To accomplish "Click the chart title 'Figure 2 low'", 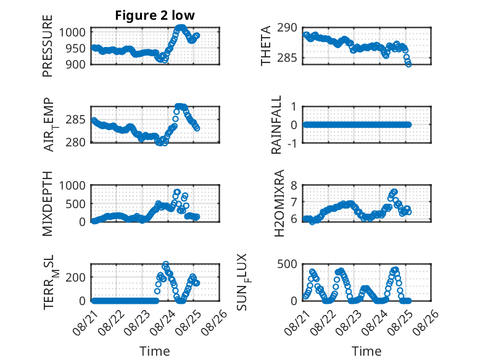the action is tap(155, 15).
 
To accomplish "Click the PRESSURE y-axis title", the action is tap(48, 46).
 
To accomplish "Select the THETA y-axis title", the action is tap(265, 46).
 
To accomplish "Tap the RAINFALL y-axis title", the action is tap(276, 125).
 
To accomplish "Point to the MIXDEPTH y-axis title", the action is tap(48, 204).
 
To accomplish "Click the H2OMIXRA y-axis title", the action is tap(279, 203).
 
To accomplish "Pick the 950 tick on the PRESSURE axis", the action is tap(77, 48).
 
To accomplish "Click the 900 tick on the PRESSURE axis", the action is tap(77, 64).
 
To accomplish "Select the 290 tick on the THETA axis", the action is tap(287, 28).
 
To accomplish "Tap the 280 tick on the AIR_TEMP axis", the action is tap(76, 143).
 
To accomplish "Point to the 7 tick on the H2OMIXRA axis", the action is tap(294, 202).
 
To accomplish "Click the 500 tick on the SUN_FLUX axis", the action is tap(287, 264).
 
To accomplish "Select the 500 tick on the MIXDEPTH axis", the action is tap(76, 204).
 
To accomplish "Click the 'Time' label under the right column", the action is tap(366, 351).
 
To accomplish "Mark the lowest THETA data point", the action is tap(408, 64).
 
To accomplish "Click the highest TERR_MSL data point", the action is tap(165, 264).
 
